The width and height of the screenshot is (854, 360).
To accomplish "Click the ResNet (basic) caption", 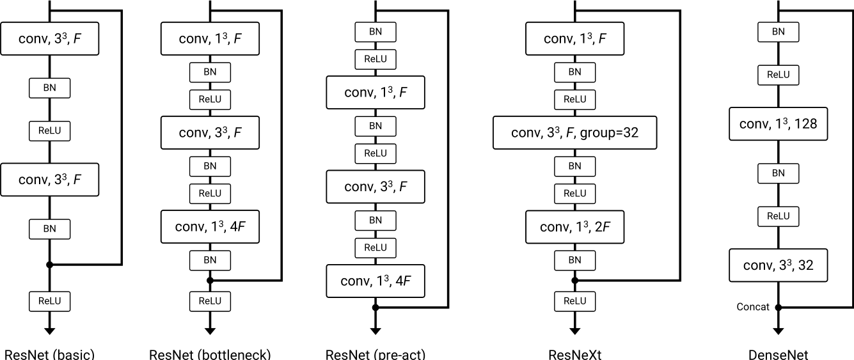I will [50, 354].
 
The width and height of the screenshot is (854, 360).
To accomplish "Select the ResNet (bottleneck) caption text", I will [210, 354].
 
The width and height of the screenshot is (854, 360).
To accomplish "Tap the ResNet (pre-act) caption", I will [376, 354].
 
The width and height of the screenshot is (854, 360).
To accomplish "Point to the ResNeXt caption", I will [575, 354].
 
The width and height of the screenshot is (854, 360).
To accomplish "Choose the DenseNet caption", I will [779, 354].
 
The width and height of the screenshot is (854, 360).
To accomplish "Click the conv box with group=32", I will [575, 132].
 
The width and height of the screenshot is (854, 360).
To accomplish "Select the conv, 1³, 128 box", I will [779, 124].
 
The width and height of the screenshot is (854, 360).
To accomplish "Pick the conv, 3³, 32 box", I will [779, 265].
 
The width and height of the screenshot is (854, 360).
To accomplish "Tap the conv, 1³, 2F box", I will [575, 227].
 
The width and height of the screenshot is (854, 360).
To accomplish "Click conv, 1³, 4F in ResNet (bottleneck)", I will [210, 227].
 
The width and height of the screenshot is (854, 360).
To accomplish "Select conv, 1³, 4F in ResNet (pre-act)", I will [376, 281].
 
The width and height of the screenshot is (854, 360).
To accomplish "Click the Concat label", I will [753, 307].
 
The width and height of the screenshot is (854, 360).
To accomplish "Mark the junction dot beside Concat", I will [779, 308].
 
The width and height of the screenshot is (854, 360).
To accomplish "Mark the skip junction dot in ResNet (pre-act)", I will [376, 308].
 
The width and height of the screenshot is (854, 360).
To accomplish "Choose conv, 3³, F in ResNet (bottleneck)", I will [210, 132].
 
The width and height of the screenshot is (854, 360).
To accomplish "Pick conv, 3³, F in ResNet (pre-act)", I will [376, 186].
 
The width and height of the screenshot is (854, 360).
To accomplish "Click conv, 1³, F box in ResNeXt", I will [575, 39].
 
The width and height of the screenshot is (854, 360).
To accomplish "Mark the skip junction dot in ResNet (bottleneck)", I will [210, 280].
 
